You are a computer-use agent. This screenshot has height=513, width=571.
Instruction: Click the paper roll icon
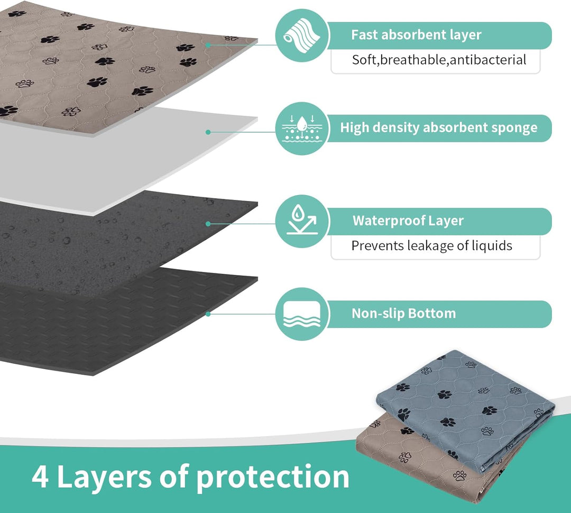[302, 35]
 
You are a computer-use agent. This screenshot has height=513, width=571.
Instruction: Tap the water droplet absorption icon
[302, 129]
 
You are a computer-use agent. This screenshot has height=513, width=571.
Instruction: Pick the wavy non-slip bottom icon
[302, 314]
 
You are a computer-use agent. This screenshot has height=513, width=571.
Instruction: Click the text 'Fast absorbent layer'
[416, 35]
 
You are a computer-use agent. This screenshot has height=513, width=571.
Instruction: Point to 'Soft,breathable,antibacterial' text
[439, 60]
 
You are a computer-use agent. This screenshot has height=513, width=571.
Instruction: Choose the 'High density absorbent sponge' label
[439, 128]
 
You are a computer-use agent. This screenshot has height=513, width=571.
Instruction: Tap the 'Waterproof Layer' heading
[408, 221]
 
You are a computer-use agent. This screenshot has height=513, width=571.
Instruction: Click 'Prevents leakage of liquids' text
[432, 245]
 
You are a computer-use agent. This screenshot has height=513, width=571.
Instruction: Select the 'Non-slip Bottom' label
[403, 313]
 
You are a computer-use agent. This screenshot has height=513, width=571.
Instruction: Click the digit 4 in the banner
[40, 477]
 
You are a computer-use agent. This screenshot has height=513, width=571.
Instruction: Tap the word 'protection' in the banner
[273, 477]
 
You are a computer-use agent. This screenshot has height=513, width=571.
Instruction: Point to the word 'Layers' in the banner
[104, 477]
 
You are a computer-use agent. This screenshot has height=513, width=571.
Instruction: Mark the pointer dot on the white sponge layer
[208, 132]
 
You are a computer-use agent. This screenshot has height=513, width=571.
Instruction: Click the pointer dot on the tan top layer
[208, 45]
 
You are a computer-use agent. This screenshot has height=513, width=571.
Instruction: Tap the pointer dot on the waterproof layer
[208, 224]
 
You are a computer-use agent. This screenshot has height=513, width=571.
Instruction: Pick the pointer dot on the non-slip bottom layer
[208, 314]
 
